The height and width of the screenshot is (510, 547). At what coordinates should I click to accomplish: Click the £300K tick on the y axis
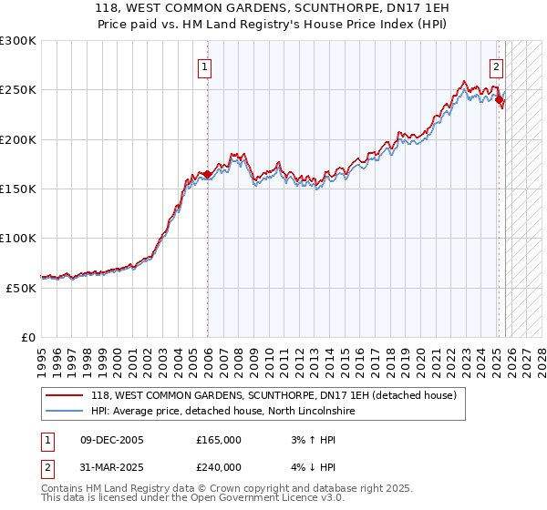[x=18, y=41]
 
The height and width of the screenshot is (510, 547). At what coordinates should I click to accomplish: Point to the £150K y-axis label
[x=18, y=189]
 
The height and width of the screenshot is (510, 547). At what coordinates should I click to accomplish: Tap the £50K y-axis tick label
[x=21, y=287]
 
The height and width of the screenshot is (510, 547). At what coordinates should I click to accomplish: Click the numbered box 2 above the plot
[x=497, y=66]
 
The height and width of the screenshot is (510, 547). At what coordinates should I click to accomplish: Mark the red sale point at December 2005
[x=207, y=174]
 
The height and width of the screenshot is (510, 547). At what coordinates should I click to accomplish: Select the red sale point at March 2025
[x=500, y=100]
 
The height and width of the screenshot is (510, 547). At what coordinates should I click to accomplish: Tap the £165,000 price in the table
[x=219, y=440]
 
